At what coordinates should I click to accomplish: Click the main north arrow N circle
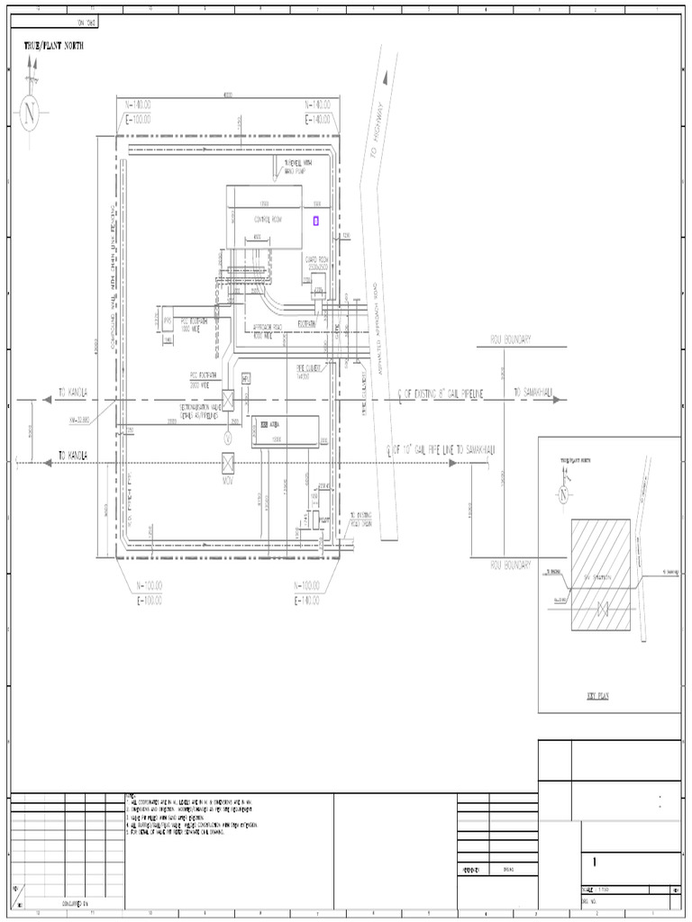32,114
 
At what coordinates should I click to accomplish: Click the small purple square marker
315,220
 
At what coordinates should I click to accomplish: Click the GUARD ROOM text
317,262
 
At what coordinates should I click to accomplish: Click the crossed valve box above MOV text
228,464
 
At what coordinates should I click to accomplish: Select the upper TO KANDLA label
75,393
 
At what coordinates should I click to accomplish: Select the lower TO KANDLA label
75,456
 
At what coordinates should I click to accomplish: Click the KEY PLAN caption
597,696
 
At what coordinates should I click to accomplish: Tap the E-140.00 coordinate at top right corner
321,118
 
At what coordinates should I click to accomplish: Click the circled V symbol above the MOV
228,437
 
